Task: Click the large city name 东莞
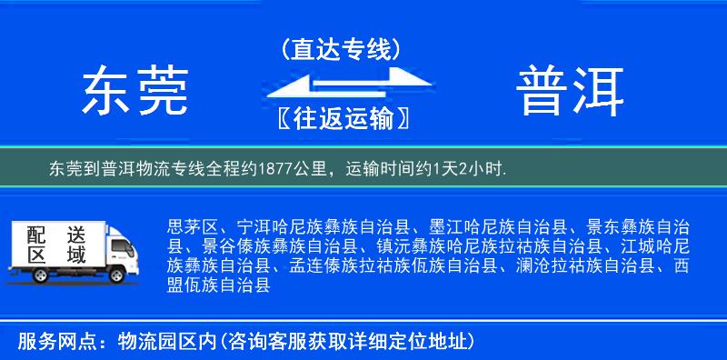pos(135,92)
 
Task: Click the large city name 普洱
pos(571,92)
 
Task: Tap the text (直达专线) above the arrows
pos(341,48)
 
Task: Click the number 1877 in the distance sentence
pos(274,169)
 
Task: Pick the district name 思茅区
pos(193,226)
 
